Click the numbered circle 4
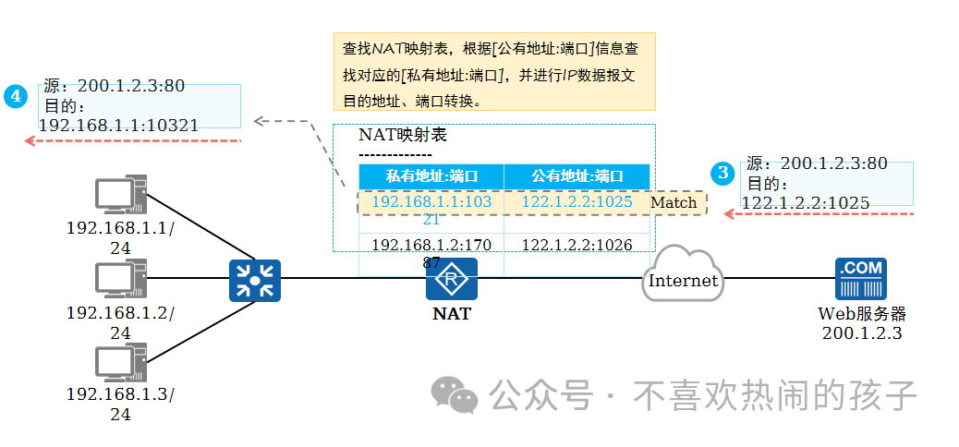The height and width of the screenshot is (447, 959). tap(16, 95)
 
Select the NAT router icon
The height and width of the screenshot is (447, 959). tap(451, 279)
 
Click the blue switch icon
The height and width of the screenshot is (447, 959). tap(254, 281)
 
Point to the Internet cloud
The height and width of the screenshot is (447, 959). tap(683, 274)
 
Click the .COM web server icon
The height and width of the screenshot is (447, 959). tap(860, 280)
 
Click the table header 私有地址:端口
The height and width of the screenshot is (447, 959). tap(431, 175)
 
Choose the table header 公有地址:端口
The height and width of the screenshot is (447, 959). tap(577, 175)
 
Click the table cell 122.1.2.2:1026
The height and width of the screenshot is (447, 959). tap(577, 245)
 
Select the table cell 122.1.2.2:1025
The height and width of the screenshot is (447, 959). tap(577, 201)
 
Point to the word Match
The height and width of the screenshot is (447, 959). tap(674, 202)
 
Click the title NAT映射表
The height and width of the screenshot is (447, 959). tap(403, 135)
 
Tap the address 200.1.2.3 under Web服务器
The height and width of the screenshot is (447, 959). tap(861, 332)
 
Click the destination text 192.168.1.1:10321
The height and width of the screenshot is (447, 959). tap(118, 125)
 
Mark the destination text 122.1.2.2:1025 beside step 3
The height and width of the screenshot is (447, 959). tap(805, 201)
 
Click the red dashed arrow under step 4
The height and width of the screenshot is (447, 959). tap(133, 140)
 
